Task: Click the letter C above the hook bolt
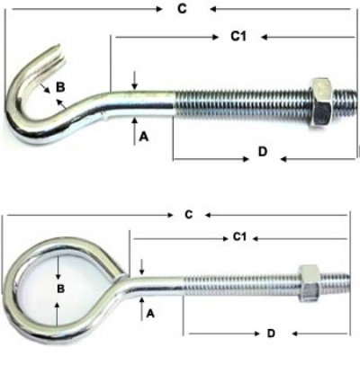pos(182,9)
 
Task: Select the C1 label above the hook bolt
pos(238,36)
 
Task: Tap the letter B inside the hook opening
pos(60,87)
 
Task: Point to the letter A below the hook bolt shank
pos(144,137)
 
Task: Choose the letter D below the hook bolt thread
pos(263,152)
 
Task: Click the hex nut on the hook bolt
pos(320,102)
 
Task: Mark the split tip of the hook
pos(59,54)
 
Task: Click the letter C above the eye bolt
pos(189,215)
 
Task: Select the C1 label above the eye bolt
pos(239,237)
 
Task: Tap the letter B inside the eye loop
pos(60,289)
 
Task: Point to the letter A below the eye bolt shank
pos(150,314)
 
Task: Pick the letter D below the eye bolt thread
pos(271,333)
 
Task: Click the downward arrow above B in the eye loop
pos(57,268)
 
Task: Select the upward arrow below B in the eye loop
pos(57,314)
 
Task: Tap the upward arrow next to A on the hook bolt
pos(135,131)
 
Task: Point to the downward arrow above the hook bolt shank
pos(135,80)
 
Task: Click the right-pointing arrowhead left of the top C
pos(159,9)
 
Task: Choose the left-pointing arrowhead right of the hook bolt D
pos(284,159)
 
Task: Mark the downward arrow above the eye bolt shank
pos(142,267)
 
